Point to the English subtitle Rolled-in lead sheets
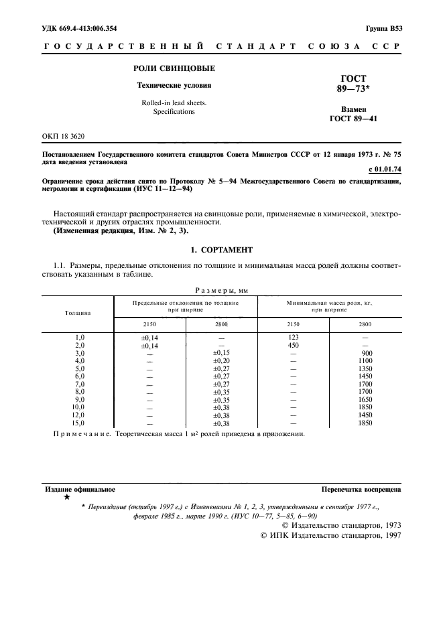[174, 102]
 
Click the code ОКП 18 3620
[66, 136]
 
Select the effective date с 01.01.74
[385, 170]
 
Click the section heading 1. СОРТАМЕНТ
[221, 249]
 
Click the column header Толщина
[78, 312]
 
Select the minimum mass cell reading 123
[293, 338]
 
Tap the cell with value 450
[293, 345]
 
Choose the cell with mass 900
[365, 353]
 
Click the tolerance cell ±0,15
[221, 353]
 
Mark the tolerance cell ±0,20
[221, 361]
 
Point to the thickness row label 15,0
[80, 423]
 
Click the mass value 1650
[365, 400]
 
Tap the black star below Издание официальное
[66, 498]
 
